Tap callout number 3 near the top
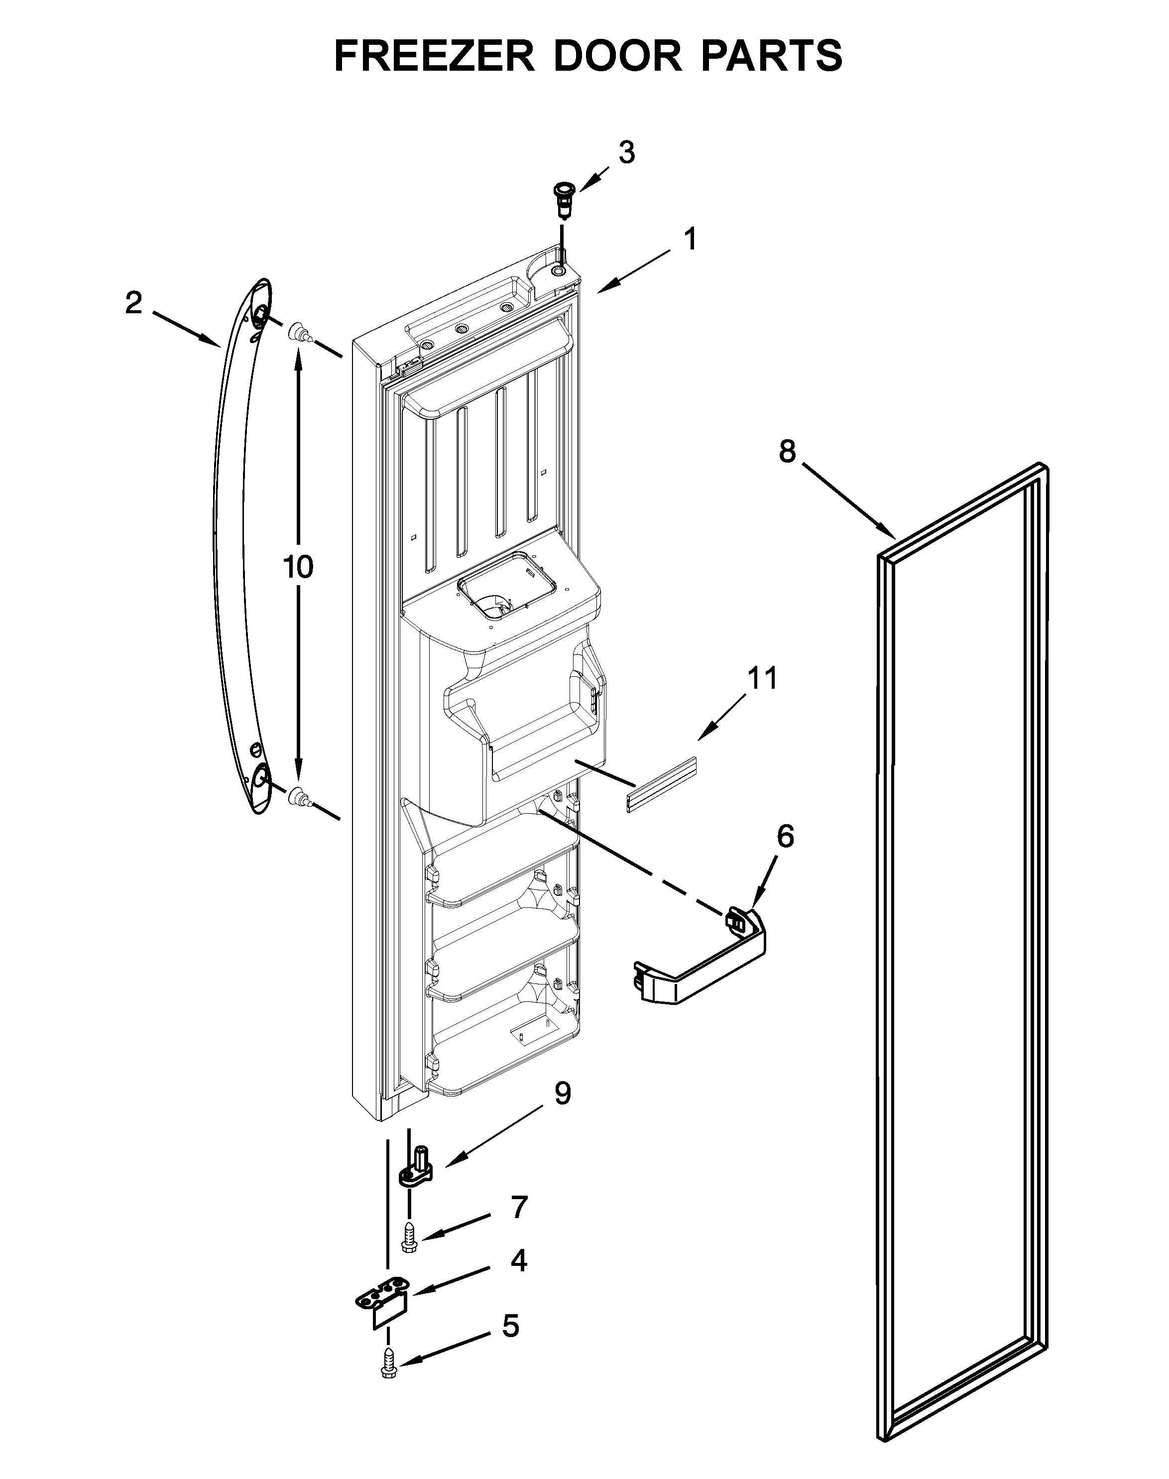pyautogui.click(x=626, y=152)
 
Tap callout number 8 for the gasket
pyautogui.click(x=787, y=452)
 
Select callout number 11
pyautogui.click(x=762, y=678)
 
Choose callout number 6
pyautogui.click(x=785, y=836)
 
